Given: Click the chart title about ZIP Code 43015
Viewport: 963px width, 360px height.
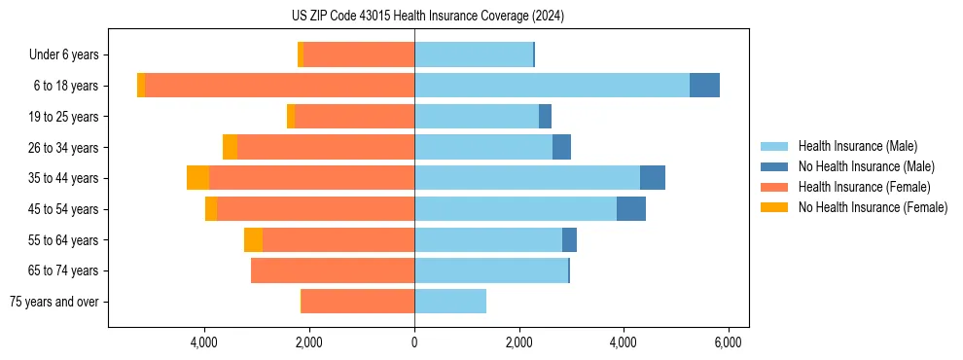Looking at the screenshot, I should (x=428, y=17).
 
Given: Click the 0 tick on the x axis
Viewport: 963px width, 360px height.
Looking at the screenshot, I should (x=414, y=342).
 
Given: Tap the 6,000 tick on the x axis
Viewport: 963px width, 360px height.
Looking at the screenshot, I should (x=729, y=342).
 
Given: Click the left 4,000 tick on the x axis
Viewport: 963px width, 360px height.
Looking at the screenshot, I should (x=205, y=342).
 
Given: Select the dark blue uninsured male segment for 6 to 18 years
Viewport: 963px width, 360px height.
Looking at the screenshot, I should (x=704, y=86).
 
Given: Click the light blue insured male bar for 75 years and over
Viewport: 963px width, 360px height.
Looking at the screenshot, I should (x=450, y=302).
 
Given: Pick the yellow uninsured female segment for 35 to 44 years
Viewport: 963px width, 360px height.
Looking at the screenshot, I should (x=197, y=178).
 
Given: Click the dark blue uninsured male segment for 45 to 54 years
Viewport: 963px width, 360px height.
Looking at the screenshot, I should (x=631, y=209).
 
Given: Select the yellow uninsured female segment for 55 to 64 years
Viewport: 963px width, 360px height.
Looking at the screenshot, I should (x=253, y=239).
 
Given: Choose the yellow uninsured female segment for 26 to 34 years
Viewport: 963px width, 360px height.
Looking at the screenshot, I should (x=230, y=147).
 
